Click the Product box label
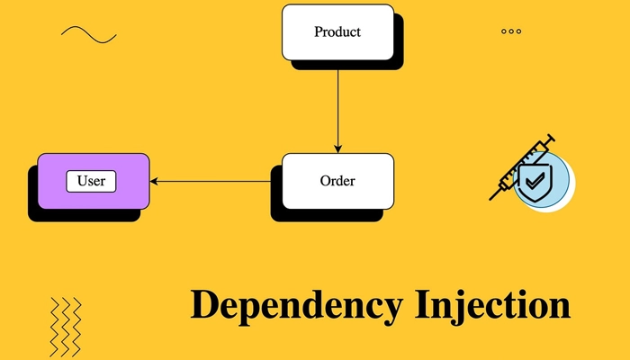click(x=337, y=32)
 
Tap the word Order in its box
click(x=337, y=181)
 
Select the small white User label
click(x=92, y=181)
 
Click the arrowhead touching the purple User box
click(x=155, y=182)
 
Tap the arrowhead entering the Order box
click(x=338, y=148)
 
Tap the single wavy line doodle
click(x=88, y=34)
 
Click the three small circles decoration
click(x=511, y=31)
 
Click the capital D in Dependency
click(x=204, y=304)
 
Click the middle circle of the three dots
click(x=511, y=31)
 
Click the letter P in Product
click(x=319, y=32)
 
